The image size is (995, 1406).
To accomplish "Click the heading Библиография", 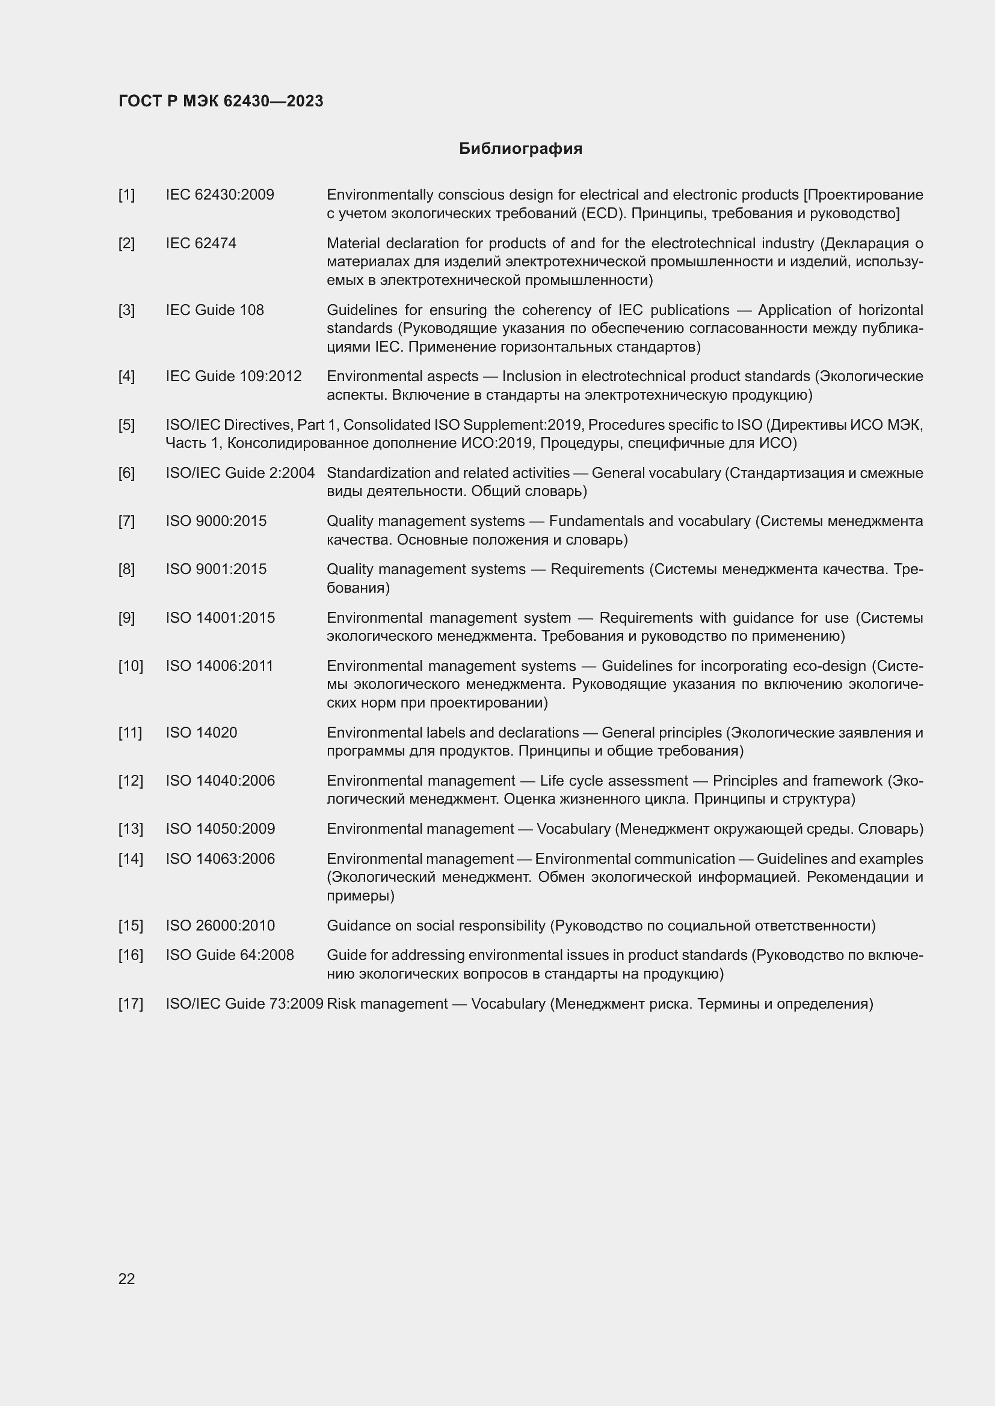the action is coord(520,149).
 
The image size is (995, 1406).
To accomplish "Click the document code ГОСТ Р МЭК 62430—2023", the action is coord(221,101).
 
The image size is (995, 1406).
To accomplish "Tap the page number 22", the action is coord(126,1279).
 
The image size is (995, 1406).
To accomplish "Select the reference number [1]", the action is coord(126,195).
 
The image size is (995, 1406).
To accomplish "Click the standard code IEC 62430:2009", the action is coord(220,195).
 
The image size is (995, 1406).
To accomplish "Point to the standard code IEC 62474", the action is coord(201,243).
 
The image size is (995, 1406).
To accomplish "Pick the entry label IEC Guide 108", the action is coord(214,310).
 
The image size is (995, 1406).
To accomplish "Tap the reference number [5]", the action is coord(126,424).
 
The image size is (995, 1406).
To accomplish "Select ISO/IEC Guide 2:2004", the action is coord(240,472).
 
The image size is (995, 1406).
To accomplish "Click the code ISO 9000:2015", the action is coord(217,521).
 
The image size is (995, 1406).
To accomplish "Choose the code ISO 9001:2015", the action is coord(217,569).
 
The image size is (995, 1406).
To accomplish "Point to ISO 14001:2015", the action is coord(221,617).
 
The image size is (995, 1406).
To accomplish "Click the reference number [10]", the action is coord(131,665).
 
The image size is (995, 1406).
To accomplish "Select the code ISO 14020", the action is coord(202,732).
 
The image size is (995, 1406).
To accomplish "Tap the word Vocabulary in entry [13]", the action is coord(573,828).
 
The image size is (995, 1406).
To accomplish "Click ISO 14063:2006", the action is coord(221,858).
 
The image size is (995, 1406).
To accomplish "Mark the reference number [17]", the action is coord(131,1004).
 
